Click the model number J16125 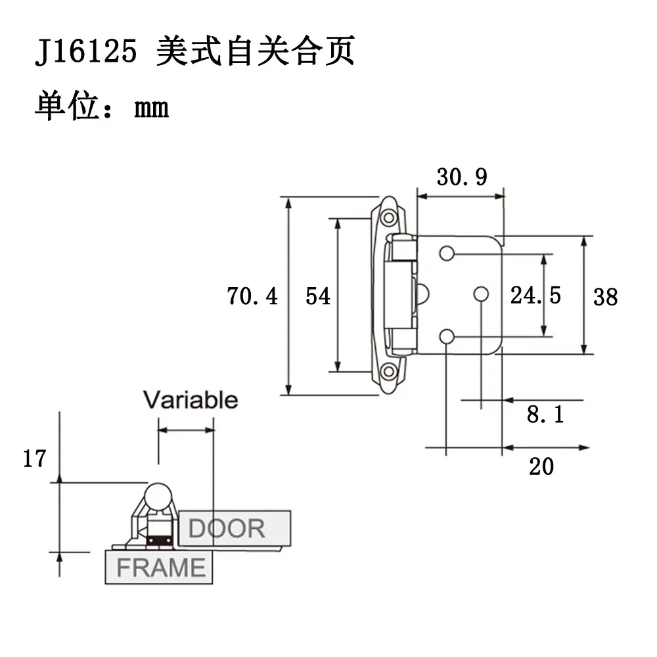pos(86,51)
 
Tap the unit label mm pos(151,108)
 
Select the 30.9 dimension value pos(462,177)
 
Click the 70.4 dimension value pos(252,296)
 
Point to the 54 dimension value pos(318,296)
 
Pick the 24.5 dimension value pos(535,295)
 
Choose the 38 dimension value pos(606,297)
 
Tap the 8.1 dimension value pos(545,415)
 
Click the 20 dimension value pos(541,466)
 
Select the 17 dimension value pos(34,459)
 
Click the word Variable pos(191,399)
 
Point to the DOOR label pos(227,528)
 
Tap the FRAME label pos(161,568)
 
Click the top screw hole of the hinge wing pos(389,217)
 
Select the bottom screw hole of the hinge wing pos(389,371)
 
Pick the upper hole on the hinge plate pos(447,254)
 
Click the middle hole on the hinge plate pos(481,294)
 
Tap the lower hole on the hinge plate pos(447,336)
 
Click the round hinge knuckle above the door pos(158,497)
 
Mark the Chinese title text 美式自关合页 pos(256,51)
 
